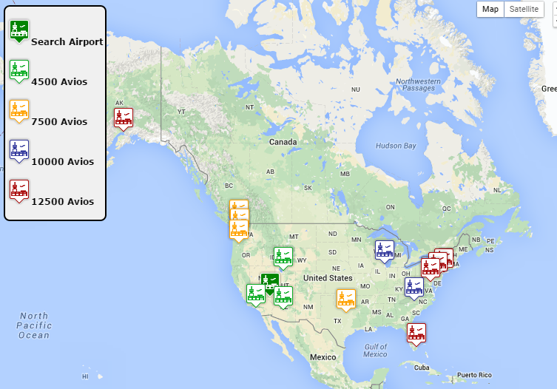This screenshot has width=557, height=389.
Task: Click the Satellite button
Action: pyautogui.click(x=524, y=9)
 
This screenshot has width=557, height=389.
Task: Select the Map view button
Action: pyautogui.click(x=490, y=9)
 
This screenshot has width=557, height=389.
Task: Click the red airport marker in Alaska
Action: pyautogui.click(x=123, y=118)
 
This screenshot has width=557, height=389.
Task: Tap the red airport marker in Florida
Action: pyautogui.click(x=416, y=334)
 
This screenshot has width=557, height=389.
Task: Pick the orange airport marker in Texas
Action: pyautogui.click(x=346, y=300)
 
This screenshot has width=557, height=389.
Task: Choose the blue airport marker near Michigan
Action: pyautogui.click(x=384, y=251)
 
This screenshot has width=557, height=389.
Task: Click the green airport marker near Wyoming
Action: pyautogui.click(x=283, y=257)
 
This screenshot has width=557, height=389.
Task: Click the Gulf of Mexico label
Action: pyautogui.click(x=376, y=350)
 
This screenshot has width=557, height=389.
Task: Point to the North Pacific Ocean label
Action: pyautogui.click(x=34, y=325)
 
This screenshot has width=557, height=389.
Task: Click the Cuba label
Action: pyautogui.click(x=422, y=368)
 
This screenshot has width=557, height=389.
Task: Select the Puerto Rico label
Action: pyautogui.click(x=475, y=374)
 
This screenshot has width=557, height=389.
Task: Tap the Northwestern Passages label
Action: pyautogui.click(x=418, y=84)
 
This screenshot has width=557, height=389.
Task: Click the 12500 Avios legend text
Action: pyautogui.click(x=62, y=201)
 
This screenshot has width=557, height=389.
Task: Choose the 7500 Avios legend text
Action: pyautogui.click(x=59, y=121)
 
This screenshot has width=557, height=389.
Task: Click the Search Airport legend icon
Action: pyautogui.click(x=19, y=31)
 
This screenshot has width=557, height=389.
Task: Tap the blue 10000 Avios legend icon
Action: pyautogui.click(x=19, y=150)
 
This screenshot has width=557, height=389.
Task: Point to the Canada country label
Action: pyautogui.click(x=283, y=142)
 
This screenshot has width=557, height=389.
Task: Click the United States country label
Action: pyautogui.click(x=328, y=278)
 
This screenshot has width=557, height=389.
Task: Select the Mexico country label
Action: pyautogui.click(x=323, y=356)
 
